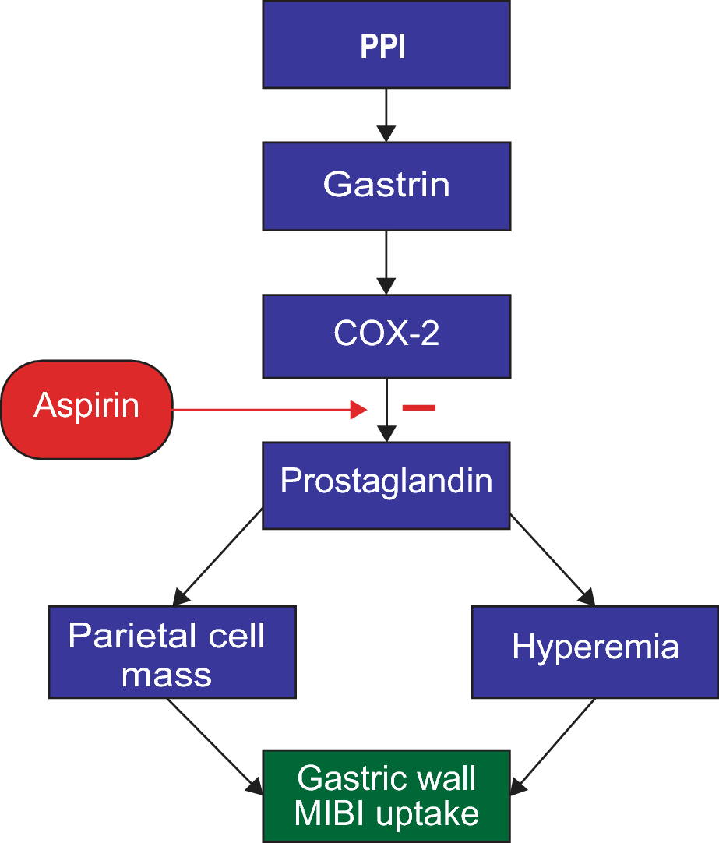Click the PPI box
tap(386, 44)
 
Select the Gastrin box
tap(386, 186)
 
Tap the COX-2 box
tap(386, 337)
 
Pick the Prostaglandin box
tap(386, 485)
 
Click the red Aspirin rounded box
tap(87, 410)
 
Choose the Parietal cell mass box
tap(172, 652)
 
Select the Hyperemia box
tap(595, 652)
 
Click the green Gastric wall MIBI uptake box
tap(386, 796)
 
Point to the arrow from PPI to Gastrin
tap(386, 115)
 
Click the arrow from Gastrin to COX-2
tap(386, 263)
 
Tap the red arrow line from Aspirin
tap(270, 410)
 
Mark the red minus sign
tap(419, 408)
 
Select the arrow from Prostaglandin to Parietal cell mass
tap(217, 557)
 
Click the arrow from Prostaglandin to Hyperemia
tap(553, 559)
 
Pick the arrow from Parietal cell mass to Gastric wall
tap(215, 746)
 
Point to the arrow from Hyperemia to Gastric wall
tap(552, 746)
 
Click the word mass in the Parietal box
tap(167, 675)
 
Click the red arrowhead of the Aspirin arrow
tap(359, 410)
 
